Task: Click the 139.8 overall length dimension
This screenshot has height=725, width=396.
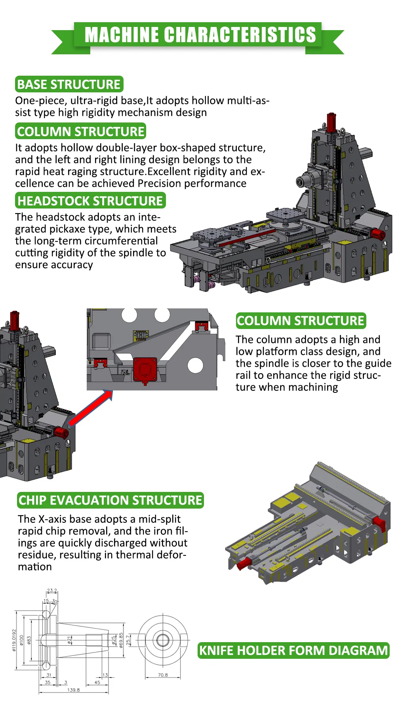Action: [73, 690]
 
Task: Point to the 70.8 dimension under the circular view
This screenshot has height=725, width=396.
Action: [163, 675]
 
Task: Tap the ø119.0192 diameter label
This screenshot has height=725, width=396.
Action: [14, 640]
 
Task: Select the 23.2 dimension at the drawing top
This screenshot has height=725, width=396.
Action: [52, 590]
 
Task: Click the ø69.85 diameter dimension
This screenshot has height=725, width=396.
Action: [121, 640]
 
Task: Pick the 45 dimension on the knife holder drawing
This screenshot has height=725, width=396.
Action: [97, 682]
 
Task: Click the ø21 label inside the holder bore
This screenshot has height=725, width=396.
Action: [69, 640]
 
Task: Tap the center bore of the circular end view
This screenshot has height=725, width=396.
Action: [163, 640]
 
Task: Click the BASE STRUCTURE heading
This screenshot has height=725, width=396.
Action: [69, 84]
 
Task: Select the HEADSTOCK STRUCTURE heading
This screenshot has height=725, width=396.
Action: [90, 201]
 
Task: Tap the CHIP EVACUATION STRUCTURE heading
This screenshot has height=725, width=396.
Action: [110, 500]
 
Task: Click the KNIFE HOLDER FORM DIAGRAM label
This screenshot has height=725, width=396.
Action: [293, 650]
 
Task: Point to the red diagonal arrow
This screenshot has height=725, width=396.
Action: [90, 408]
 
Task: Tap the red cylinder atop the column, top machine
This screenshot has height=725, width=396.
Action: [331, 122]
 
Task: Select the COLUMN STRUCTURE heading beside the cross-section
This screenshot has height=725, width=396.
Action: [301, 320]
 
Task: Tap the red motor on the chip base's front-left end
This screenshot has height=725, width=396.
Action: [244, 563]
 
